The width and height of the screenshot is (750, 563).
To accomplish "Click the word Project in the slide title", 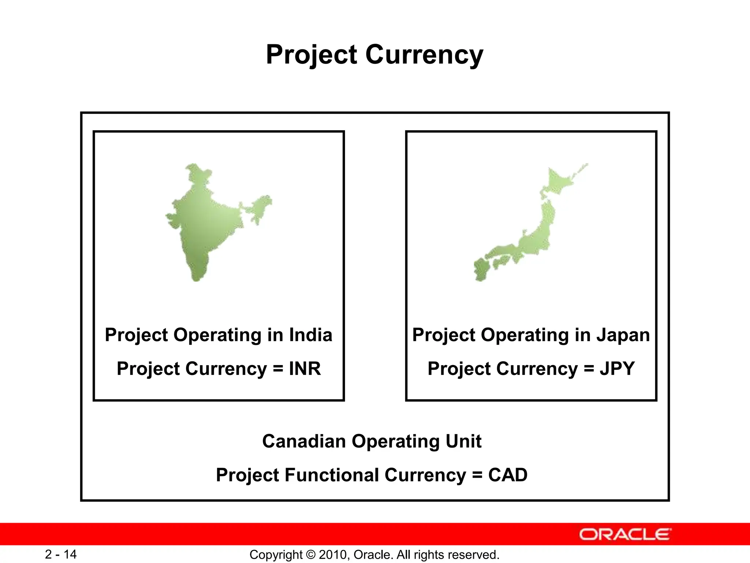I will (311, 55).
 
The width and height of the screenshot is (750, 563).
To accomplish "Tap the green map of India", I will (205, 224).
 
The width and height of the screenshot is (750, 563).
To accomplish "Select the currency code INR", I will (305, 369).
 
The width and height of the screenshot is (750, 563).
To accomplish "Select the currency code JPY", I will (617, 369).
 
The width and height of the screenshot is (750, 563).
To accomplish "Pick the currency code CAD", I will (508, 475).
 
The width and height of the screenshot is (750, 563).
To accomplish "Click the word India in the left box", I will (311, 335).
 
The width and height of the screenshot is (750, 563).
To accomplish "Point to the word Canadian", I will (304, 441).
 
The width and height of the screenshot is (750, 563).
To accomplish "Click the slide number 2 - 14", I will (61, 554).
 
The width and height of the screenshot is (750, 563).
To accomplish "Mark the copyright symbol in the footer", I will (311, 555).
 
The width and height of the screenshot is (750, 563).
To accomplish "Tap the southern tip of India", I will (196, 279).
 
